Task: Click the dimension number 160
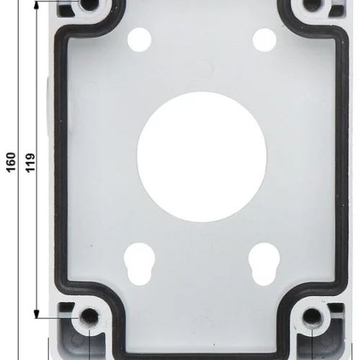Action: coord(11,162)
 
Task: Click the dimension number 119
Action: coord(30,163)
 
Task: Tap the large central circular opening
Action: coord(202,157)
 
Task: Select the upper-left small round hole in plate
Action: coord(139,40)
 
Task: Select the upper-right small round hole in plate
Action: coord(264,40)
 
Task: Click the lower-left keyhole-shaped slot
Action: coord(140,264)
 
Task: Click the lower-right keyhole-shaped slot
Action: coord(264,264)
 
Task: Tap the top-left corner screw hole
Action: coord(89,4)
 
